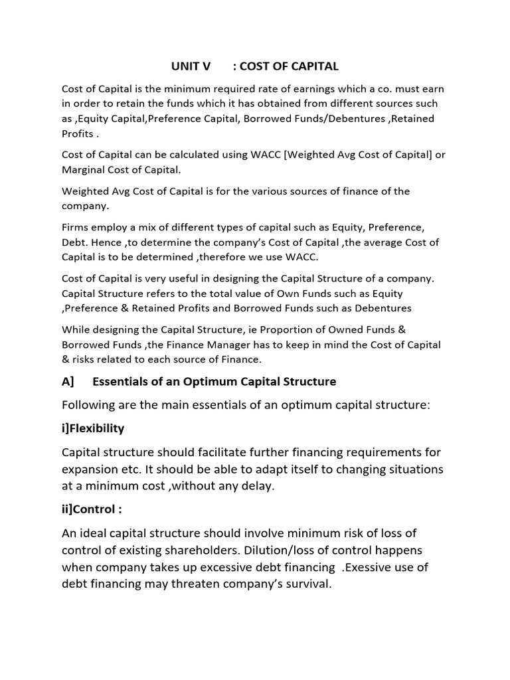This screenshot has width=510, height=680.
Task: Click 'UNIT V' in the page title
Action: pos(191,66)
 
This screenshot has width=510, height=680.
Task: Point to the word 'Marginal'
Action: pos(82,169)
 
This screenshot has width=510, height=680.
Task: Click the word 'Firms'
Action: pos(75,228)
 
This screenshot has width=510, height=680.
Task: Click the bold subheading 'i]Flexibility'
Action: pos(93,428)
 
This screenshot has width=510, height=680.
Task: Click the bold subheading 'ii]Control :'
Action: pos(92,509)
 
